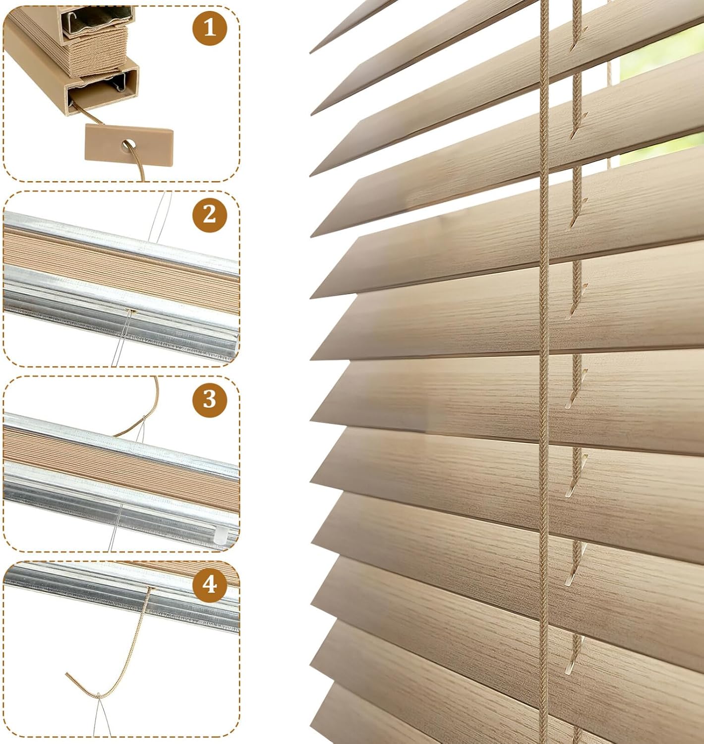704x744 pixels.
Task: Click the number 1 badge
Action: pos(210,28)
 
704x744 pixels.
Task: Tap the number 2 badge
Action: pos(210,215)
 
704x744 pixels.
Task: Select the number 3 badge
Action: pos(210,400)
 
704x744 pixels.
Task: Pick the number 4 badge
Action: pos(210,585)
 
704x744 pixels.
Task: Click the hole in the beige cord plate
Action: pos(128,145)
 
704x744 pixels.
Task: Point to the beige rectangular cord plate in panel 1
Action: pos(129,145)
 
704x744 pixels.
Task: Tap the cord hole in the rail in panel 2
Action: pos(131,311)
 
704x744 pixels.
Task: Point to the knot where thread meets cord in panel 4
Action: pos(99,695)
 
